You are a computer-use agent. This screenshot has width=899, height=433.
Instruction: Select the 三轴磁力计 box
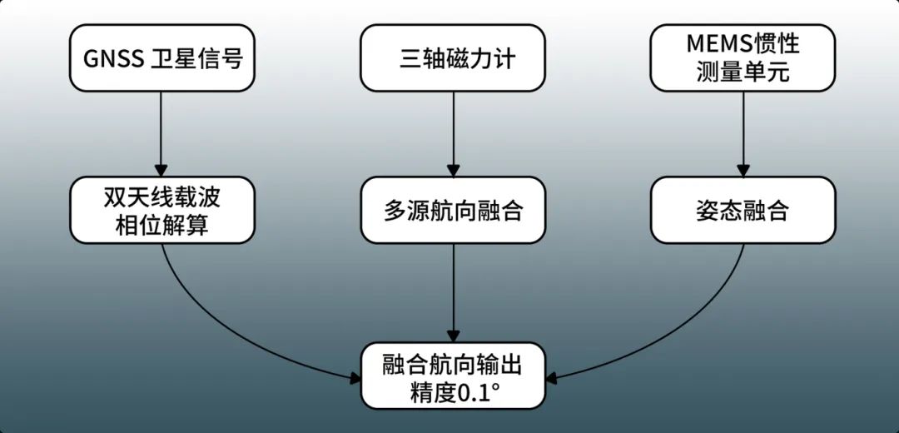453,58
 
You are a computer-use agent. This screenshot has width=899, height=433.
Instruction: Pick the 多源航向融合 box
453,210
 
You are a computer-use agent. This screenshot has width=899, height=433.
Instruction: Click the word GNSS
113,59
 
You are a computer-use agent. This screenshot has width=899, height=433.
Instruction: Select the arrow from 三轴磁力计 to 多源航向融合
453,133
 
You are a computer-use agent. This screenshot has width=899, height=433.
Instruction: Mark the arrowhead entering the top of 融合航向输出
453,335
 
